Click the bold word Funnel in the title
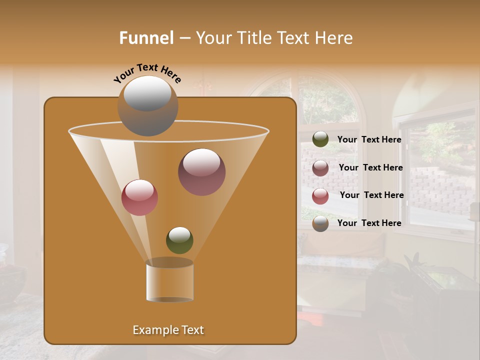pyautogui.click(x=146, y=38)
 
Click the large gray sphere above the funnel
pyautogui.click(x=148, y=106)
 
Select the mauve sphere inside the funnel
pyautogui.click(x=202, y=172)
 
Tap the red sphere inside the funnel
pyautogui.click(x=139, y=197)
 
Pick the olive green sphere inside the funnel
pyautogui.click(x=179, y=240)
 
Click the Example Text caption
pyautogui.click(x=168, y=330)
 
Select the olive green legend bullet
pyautogui.click(x=320, y=139)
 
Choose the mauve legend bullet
pyautogui.click(x=320, y=168)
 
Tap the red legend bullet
pyautogui.click(x=320, y=196)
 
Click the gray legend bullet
pyautogui.click(x=320, y=223)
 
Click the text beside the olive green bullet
pyautogui.click(x=369, y=139)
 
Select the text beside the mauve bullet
pyautogui.click(x=370, y=167)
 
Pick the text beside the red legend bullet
pyautogui.click(x=371, y=195)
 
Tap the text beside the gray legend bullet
pyautogui.click(x=369, y=223)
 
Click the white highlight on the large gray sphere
pyautogui.click(x=147, y=93)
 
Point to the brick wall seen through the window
pyautogui.click(x=440, y=190)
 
